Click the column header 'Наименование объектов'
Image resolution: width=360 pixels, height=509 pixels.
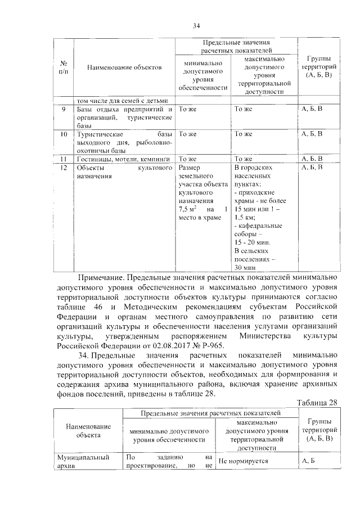click(124, 67)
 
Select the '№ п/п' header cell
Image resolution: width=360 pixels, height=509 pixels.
click(64, 67)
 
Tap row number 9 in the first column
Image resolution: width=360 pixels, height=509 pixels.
click(64, 109)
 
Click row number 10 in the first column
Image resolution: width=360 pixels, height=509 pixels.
click(64, 134)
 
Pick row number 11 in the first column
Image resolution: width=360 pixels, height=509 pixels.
click(64, 159)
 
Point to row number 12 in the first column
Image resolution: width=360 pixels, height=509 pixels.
click(64, 168)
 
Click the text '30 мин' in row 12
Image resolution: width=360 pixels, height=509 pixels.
click(245, 268)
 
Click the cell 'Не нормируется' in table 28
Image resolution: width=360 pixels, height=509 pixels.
click(243, 461)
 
